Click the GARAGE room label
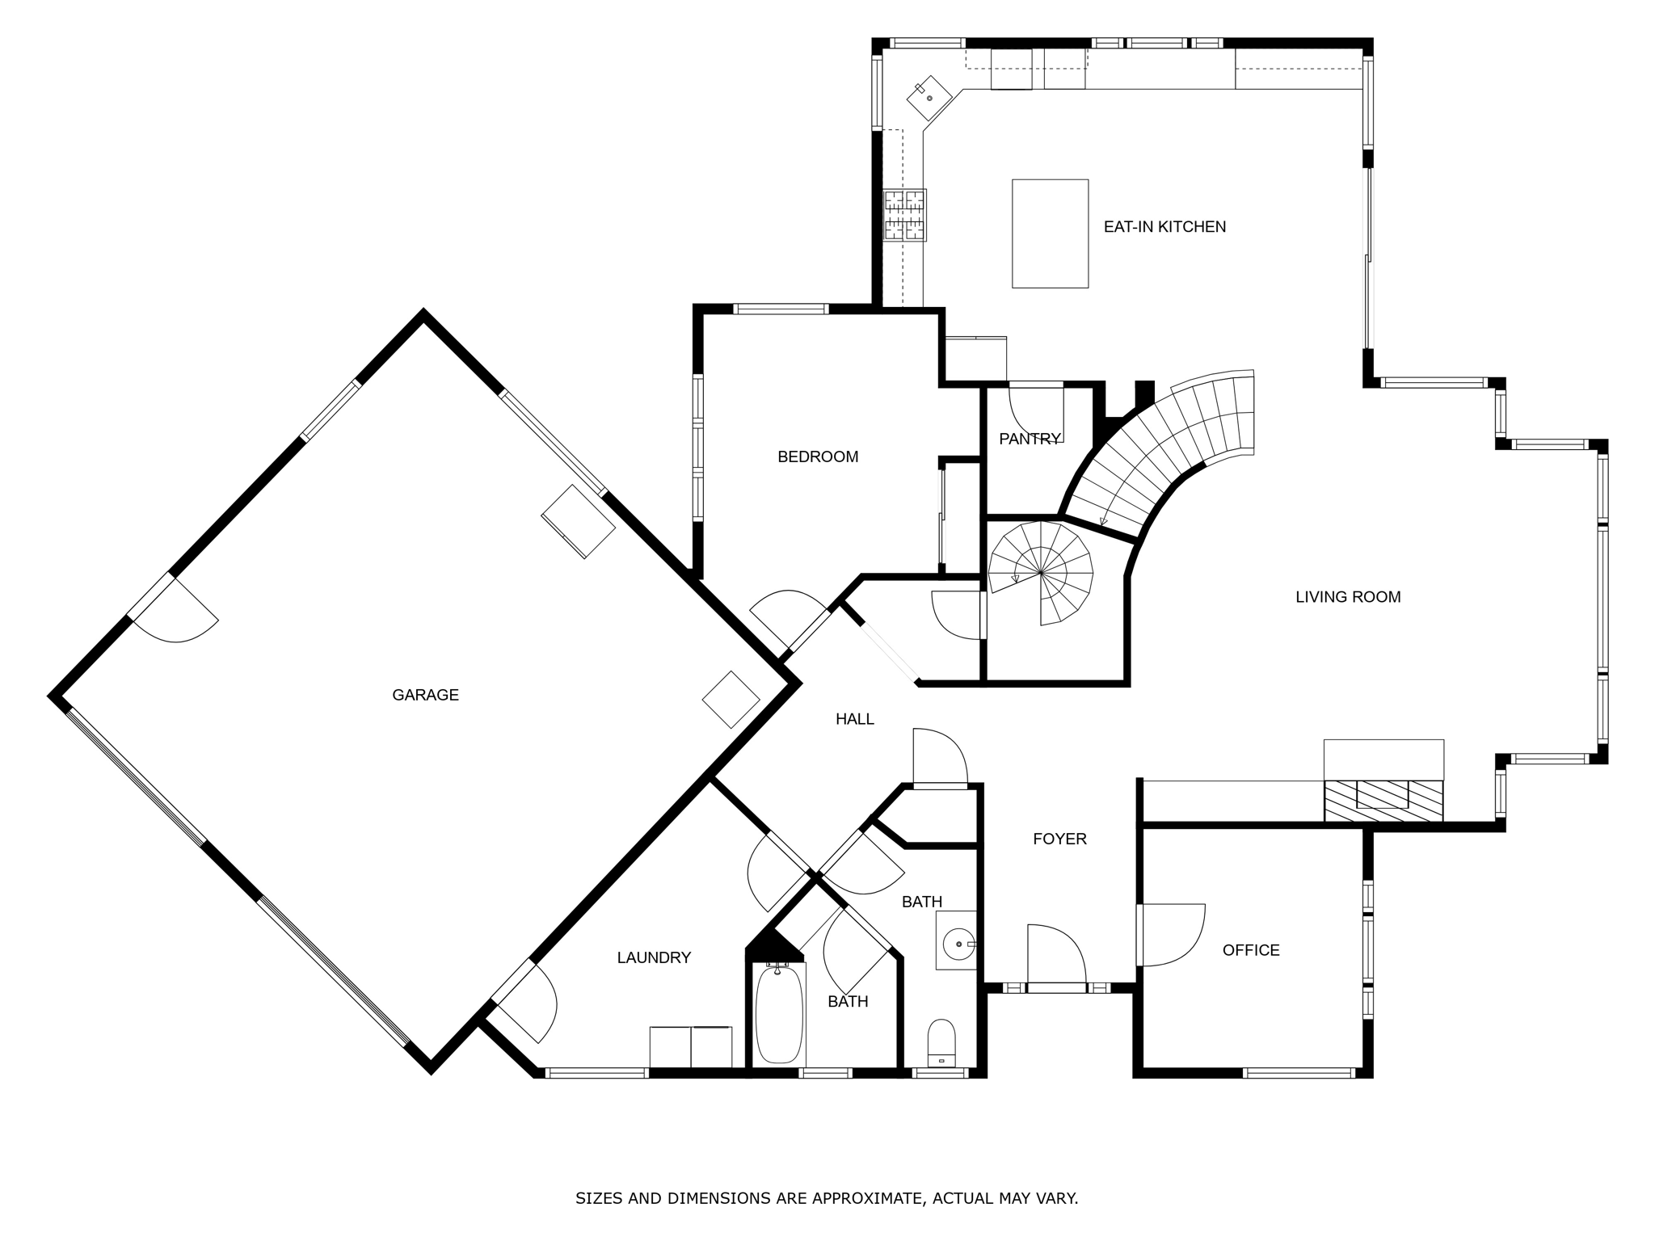pyautogui.click(x=425, y=695)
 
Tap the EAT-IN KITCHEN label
pyautogui.click(x=1164, y=227)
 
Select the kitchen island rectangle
pyautogui.click(x=1050, y=233)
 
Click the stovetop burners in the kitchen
pyautogui.click(x=904, y=215)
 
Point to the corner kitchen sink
pyautogui.click(x=930, y=98)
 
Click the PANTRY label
pyautogui.click(x=1029, y=439)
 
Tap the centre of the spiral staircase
pyautogui.click(x=1041, y=573)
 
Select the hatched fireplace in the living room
pyautogui.click(x=1383, y=801)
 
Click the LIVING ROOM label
pyautogui.click(x=1348, y=597)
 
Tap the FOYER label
pyautogui.click(x=1059, y=839)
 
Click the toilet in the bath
pyautogui.click(x=941, y=1042)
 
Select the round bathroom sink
pyautogui.click(x=958, y=944)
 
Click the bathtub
pyautogui.click(x=780, y=1014)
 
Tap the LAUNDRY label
pyautogui.click(x=654, y=957)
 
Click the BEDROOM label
pyautogui.click(x=818, y=457)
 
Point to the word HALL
pyautogui.click(x=854, y=719)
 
